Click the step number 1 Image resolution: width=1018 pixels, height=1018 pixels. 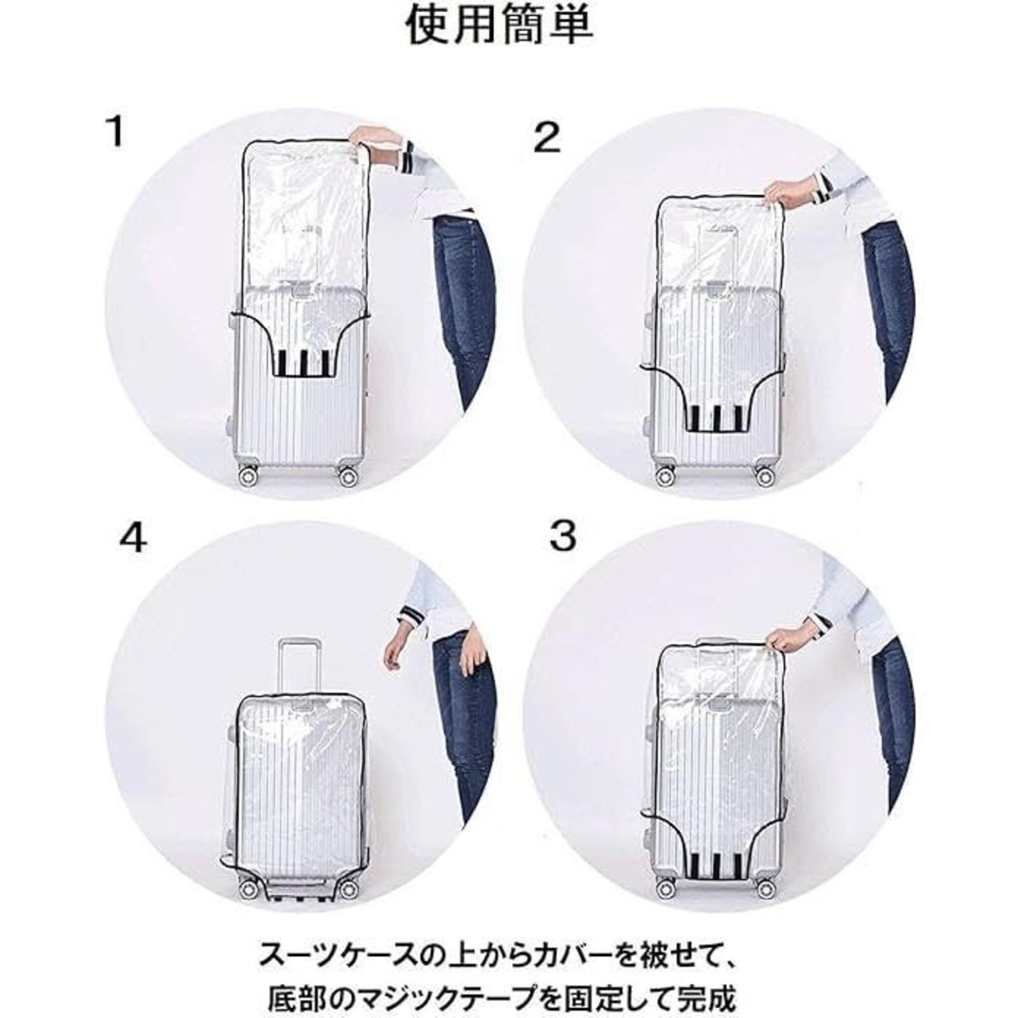click(x=115, y=133)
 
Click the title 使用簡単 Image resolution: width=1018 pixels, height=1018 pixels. click(x=499, y=25)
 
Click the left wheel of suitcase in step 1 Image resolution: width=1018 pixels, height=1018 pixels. click(x=247, y=477)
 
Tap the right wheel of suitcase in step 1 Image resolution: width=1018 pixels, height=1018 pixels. click(x=347, y=477)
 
